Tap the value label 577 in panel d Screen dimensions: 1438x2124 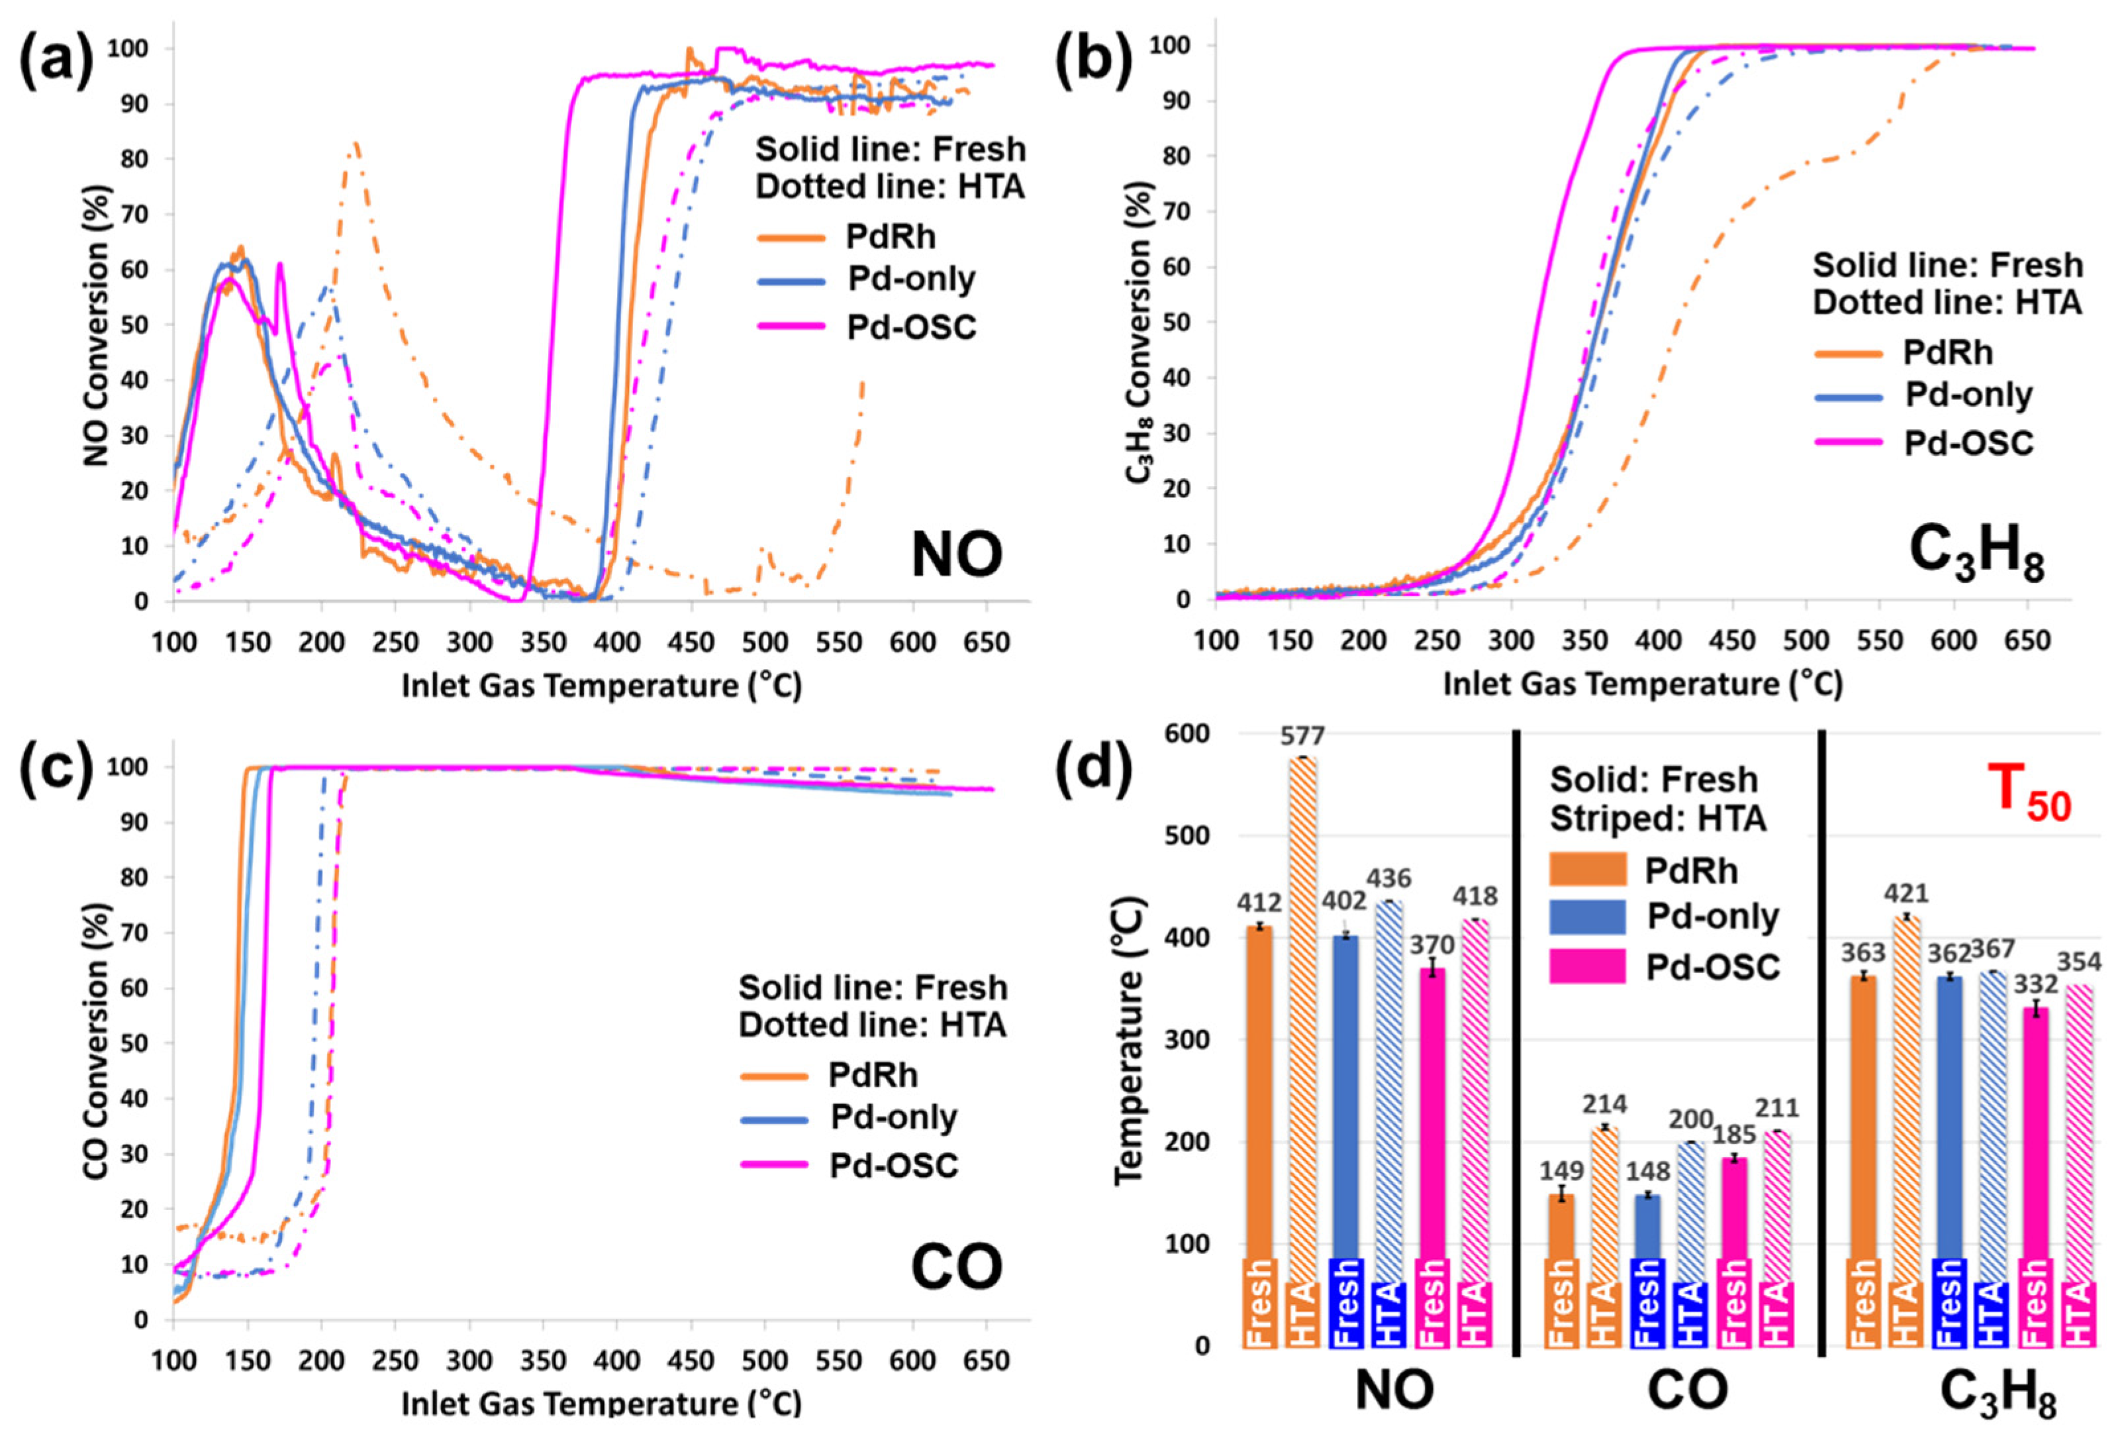coord(1302,736)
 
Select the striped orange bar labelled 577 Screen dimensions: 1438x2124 coord(1302,1005)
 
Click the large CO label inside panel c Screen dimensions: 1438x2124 coord(956,1268)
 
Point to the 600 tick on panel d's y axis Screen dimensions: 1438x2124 coord(1186,734)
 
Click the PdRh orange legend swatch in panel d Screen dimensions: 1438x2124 coord(1588,870)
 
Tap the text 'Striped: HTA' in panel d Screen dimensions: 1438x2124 coord(1657,818)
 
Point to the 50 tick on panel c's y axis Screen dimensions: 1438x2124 coord(134,1043)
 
